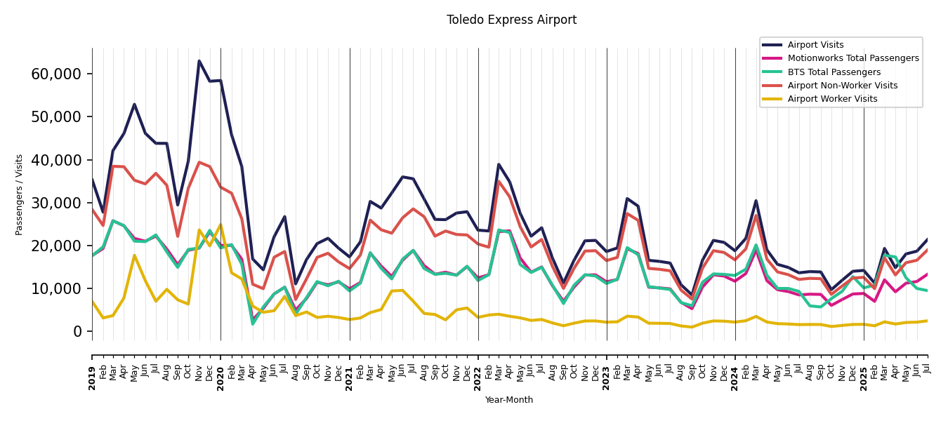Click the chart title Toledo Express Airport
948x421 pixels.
(511, 20)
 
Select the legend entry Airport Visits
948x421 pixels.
(815, 45)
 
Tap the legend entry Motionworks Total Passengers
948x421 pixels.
(852, 58)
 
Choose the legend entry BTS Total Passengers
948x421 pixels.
(834, 72)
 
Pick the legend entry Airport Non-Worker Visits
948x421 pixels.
(842, 86)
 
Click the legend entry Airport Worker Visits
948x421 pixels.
(832, 99)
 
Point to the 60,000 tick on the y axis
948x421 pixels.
(56, 74)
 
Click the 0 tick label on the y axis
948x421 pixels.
(78, 331)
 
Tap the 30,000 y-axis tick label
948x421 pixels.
(56, 203)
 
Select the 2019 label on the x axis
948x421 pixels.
(92, 368)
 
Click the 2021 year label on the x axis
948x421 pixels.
(350, 368)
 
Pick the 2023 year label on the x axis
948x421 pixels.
(607, 368)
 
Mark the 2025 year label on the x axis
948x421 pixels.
(864, 368)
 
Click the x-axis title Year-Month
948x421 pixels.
(509, 400)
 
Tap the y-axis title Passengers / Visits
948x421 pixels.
(20, 194)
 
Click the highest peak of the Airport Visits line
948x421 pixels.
(199, 61)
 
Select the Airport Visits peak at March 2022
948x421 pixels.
(499, 165)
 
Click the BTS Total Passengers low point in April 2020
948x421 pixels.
(253, 323)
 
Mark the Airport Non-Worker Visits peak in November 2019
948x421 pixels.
(199, 162)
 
